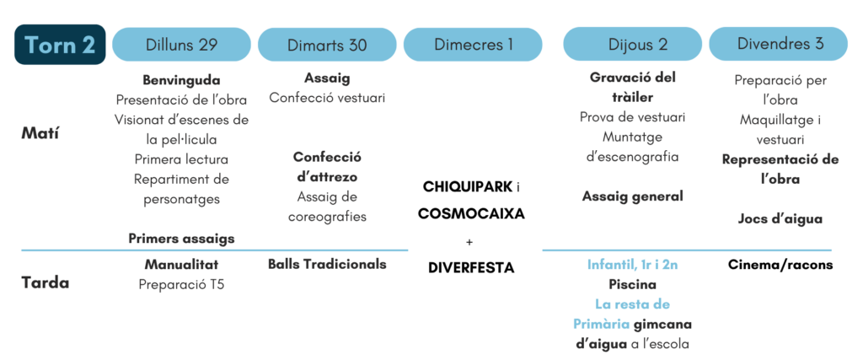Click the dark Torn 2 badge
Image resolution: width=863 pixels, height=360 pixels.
(x=60, y=45)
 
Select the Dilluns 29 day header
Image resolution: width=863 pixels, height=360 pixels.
(x=182, y=45)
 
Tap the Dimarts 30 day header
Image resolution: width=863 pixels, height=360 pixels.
(x=327, y=45)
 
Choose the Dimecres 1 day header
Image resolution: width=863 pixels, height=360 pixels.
(x=473, y=45)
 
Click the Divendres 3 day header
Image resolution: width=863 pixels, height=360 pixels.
(x=778, y=45)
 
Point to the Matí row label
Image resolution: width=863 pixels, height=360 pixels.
(x=40, y=133)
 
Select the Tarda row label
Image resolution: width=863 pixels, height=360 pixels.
(x=46, y=283)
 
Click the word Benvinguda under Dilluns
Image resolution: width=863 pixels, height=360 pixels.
(x=182, y=80)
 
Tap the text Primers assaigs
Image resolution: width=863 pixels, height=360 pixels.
(x=182, y=239)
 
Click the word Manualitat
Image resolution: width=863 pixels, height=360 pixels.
(x=182, y=264)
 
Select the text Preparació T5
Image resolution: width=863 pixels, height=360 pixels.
(x=182, y=285)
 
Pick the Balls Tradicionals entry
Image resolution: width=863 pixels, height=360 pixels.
(x=328, y=264)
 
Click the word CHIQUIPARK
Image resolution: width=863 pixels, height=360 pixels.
(x=467, y=187)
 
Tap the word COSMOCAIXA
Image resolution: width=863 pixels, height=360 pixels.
(x=472, y=213)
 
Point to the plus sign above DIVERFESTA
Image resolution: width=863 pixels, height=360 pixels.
(x=469, y=241)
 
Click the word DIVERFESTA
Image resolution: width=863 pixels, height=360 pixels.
(x=471, y=268)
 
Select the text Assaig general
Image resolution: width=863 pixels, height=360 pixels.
(x=633, y=196)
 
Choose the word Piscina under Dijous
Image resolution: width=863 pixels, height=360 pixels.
(x=633, y=285)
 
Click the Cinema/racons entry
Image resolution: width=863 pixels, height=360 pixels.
(x=780, y=265)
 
